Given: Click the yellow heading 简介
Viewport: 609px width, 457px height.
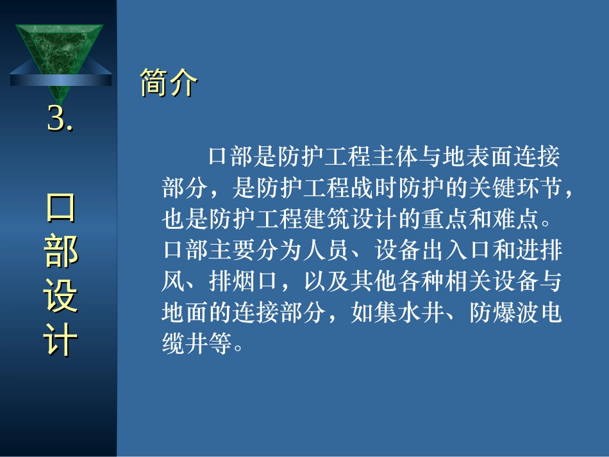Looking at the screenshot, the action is pyautogui.click(x=169, y=82).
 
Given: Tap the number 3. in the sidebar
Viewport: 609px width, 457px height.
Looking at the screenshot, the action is pyautogui.click(x=60, y=119).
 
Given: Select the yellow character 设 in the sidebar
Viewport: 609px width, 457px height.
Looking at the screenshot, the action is pyautogui.click(x=61, y=295).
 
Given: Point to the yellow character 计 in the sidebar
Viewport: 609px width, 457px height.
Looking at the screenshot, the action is pyautogui.click(x=61, y=339).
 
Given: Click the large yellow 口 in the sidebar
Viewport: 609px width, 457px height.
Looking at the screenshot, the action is pyautogui.click(x=61, y=207).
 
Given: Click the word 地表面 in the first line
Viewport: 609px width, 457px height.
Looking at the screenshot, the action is pyautogui.click(x=478, y=156).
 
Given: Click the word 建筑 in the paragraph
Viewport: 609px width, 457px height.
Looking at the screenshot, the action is pyautogui.click(x=327, y=219).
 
